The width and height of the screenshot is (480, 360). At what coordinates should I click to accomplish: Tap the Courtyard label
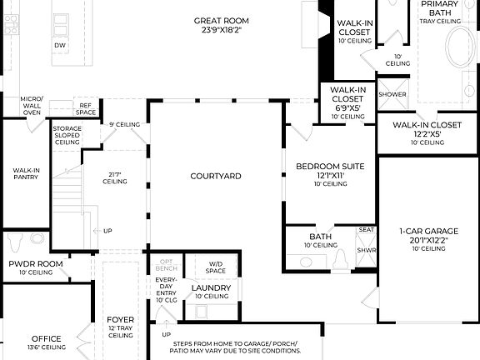216,176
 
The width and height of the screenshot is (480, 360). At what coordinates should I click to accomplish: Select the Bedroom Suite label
330,167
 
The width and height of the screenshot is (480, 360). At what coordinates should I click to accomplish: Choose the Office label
47,338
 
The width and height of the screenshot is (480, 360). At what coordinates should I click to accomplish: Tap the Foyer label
120,319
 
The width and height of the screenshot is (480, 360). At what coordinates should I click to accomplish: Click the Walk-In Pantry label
27,173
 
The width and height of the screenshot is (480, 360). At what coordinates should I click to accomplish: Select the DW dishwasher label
60,44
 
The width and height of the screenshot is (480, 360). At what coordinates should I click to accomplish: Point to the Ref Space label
86,109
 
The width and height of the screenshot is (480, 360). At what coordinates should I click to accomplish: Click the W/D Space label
216,267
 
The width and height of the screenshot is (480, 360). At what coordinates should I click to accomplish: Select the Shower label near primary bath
392,94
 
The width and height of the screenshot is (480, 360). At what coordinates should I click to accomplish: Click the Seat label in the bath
366,229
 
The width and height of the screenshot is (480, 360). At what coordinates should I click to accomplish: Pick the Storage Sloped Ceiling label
67,136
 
